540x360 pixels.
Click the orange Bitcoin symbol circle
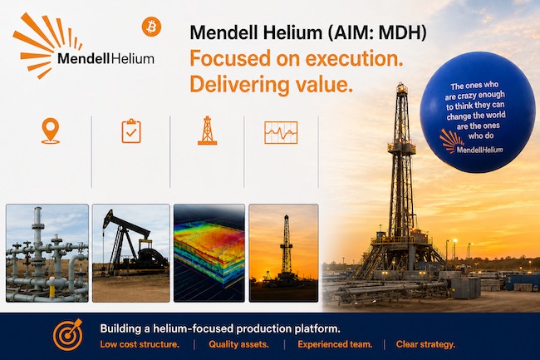click(x=151, y=27)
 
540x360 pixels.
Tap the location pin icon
click(x=51, y=131)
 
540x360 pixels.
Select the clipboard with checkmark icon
click(x=131, y=131)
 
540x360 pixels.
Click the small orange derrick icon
click(x=207, y=131)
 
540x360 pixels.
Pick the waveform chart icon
click(x=281, y=132)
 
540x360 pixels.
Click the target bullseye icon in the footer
click(x=68, y=334)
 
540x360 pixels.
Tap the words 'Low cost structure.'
click(x=140, y=344)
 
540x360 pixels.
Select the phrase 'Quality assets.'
click(x=238, y=344)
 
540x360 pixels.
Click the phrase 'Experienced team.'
click(x=335, y=344)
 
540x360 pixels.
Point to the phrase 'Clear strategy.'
click(x=425, y=344)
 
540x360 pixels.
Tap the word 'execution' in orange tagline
click(x=354, y=58)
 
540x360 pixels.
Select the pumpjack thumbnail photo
click(x=131, y=254)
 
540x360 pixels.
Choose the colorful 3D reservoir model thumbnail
click(x=209, y=254)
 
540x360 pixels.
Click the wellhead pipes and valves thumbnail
click(x=47, y=254)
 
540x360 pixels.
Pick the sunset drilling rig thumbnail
click(x=283, y=254)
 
